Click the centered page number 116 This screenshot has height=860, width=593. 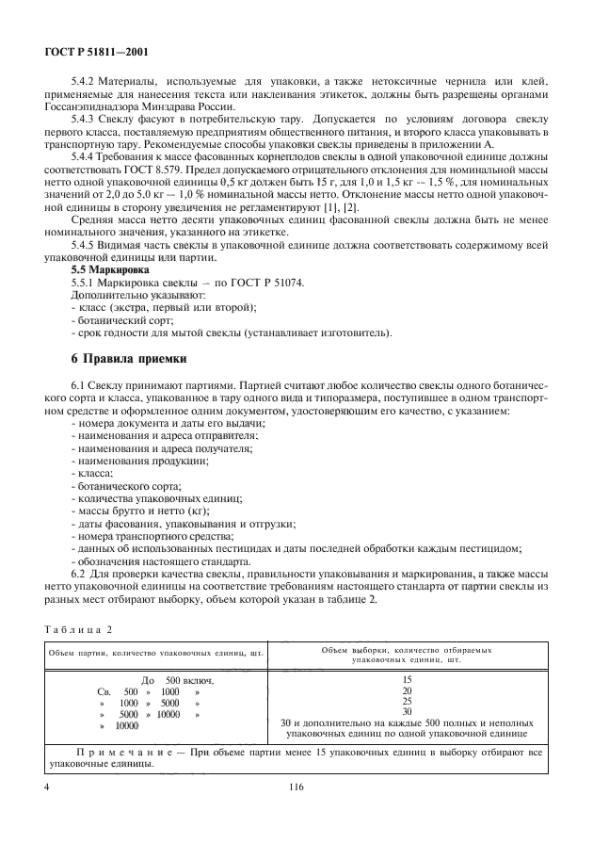click(x=296, y=784)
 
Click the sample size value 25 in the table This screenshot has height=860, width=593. click(x=407, y=701)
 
